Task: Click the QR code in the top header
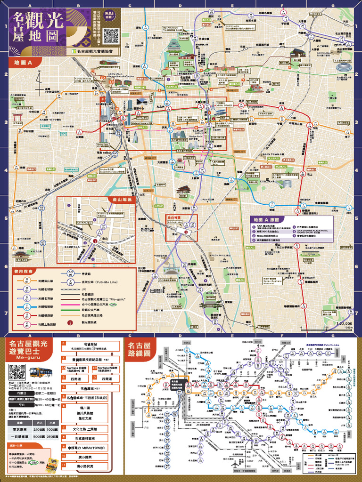click(x=111, y=36)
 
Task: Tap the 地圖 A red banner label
click(x=22, y=62)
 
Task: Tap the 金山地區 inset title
click(x=122, y=200)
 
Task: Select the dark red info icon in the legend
click(x=70, y=323)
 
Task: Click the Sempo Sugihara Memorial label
click(x=271, y=281)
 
